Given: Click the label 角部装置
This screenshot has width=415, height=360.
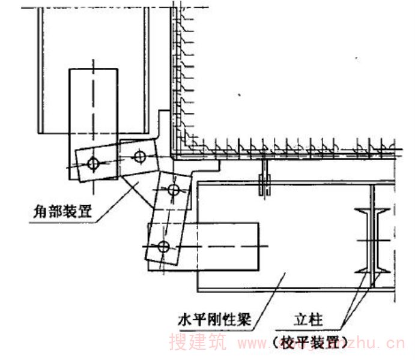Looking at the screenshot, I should coord(61,210).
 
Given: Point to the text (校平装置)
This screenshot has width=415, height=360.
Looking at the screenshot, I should coord(311,342).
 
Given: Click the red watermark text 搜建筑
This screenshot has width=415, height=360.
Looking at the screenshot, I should coord(198,343).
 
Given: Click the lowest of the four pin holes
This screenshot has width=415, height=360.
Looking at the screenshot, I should coord(163,246).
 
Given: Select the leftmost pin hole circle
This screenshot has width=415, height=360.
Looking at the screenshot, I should coord(92,162).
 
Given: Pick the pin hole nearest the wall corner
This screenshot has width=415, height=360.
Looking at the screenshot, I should coord(139,156).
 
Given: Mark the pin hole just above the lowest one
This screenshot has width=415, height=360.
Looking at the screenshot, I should coord(173,190).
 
